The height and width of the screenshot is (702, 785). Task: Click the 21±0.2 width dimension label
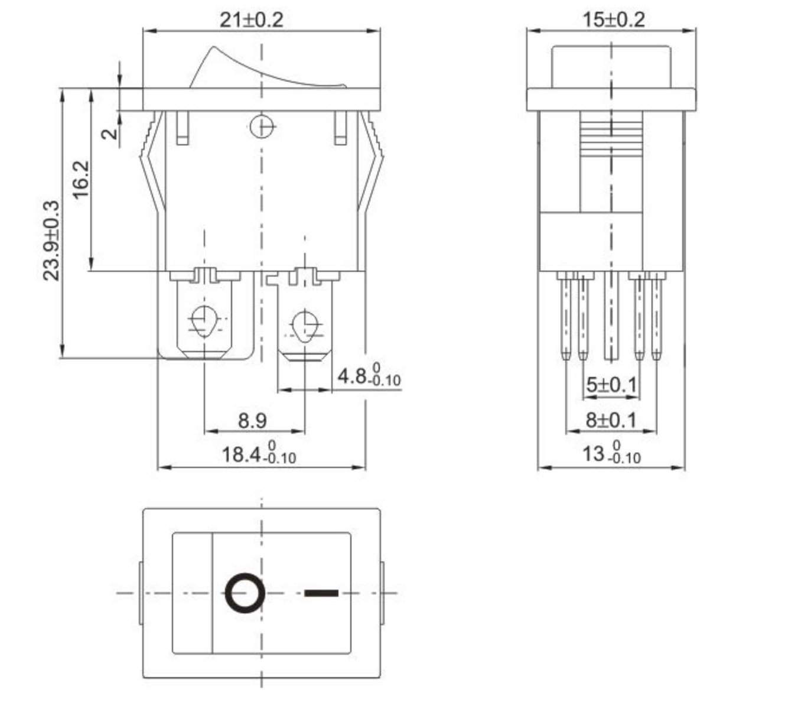[x=252, y=19]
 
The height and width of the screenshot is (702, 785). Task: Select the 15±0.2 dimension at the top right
[x=613, y=19]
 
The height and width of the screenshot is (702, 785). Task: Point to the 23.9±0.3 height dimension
[x=51, y=240]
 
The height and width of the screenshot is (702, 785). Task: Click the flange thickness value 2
[x=109, y=134]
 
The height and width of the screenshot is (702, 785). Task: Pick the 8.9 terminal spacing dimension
[x=252, y=421]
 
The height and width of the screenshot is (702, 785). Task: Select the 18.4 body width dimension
[x=258, y=454]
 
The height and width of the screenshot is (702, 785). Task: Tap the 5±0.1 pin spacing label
[x=611, y=385]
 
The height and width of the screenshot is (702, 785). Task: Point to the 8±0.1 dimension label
[x=611, y=420]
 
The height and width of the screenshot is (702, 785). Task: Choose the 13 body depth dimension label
[x=611, y=453]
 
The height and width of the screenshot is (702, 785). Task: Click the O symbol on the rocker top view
[x=244, y=593]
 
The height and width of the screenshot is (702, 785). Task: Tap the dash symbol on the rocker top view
[x=321, y=593]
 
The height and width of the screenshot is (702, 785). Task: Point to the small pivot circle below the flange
[x=261, y=126]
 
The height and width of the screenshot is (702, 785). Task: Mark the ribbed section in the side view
[x=611, y=135]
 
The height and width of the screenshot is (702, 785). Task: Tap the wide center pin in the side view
[x=611, y=316]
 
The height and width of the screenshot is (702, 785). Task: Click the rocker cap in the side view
[x=611, y=67]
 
